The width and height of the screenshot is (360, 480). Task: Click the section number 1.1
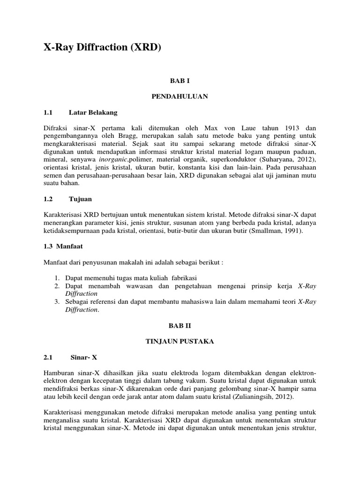(48, 112)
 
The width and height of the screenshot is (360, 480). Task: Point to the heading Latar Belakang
(93, 112)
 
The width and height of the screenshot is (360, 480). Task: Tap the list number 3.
(57, 301)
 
